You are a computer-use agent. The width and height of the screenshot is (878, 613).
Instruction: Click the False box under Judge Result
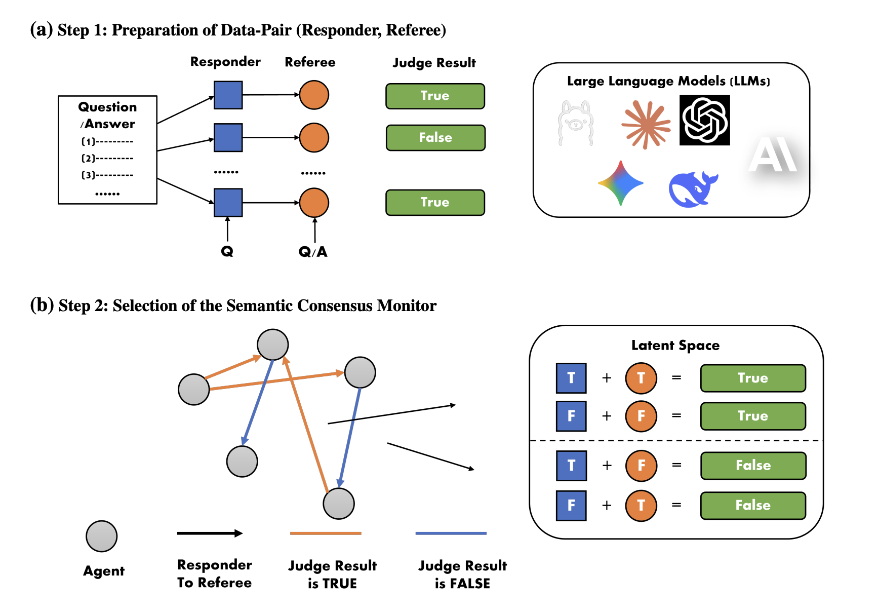tap(435, 138)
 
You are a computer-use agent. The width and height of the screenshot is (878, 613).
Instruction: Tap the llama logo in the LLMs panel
tap(575, 123)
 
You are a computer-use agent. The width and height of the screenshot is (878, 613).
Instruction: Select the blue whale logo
tap(692, 189)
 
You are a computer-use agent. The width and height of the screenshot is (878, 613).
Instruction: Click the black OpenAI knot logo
tap(704, 120)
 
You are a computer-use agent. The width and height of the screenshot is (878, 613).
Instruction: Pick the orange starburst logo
tap(646, 124)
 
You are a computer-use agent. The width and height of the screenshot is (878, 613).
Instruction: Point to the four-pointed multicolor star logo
tap(621, 183)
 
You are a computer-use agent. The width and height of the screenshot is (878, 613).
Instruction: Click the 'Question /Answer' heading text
tap(107, 116)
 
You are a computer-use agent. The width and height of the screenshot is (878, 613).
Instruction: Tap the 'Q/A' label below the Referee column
tap(313, 252)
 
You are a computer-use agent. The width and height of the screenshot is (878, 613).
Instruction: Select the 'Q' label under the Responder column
tap(227, 251)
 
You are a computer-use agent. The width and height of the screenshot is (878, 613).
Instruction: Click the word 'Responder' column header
tap(225, 62)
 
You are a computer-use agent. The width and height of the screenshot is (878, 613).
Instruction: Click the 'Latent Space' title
tap(675, 346)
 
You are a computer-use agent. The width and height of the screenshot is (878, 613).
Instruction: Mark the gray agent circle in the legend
tap(102, 536)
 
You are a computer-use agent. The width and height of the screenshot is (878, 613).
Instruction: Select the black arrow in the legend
tap(210, 533)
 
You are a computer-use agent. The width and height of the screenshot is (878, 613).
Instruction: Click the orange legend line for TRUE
tap(326, 533)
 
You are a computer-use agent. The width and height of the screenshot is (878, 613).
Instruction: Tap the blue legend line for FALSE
tap(451, 533)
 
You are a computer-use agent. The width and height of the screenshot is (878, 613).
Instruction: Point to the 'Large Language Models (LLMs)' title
tap(668, 81)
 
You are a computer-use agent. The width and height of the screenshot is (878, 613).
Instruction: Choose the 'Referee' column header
tap(310, 62)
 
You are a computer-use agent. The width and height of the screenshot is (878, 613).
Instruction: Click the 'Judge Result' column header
tap(434, 63)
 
